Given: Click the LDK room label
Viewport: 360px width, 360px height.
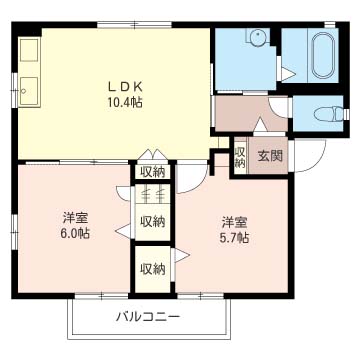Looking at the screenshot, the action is tap(125, 87).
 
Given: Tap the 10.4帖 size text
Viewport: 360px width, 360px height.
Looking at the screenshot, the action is tap(125, 102).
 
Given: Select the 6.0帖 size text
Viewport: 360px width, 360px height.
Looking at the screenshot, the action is tap(74, 233).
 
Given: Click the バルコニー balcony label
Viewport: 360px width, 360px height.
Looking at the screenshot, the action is tap(148, 316).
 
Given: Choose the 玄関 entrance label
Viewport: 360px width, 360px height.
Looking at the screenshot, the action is tap(270, 155).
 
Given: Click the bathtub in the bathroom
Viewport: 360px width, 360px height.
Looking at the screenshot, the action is tap(323, 55).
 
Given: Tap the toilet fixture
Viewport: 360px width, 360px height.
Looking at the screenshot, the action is tap(329, 114).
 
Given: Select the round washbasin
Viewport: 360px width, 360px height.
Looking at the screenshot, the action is tap(258, 38).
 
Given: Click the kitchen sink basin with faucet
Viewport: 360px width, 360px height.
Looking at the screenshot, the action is tap(29, 91).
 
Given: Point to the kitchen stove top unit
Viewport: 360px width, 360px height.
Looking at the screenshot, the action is tap(30, 50).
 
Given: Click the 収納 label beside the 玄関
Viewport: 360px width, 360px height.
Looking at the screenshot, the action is tap(240, 157).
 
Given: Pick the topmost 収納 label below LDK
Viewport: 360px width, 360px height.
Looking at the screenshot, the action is tap(153, 172).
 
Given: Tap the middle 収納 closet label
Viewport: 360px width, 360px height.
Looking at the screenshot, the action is tap(153, 222).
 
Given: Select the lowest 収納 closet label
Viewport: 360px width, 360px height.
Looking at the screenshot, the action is tap(153, 269).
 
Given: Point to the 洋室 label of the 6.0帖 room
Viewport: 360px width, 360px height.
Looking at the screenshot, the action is tap(75, 218).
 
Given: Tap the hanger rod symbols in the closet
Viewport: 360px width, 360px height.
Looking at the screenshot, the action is tap(153, 194).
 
